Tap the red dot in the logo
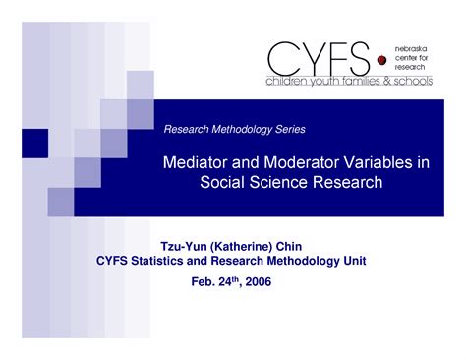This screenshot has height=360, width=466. (381, 60)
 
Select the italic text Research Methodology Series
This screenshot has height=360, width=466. (234, 130)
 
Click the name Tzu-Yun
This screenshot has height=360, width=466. (183, 244)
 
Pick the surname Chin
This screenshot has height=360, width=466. (306, 244)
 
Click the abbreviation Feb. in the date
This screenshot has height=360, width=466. (201, 282)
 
